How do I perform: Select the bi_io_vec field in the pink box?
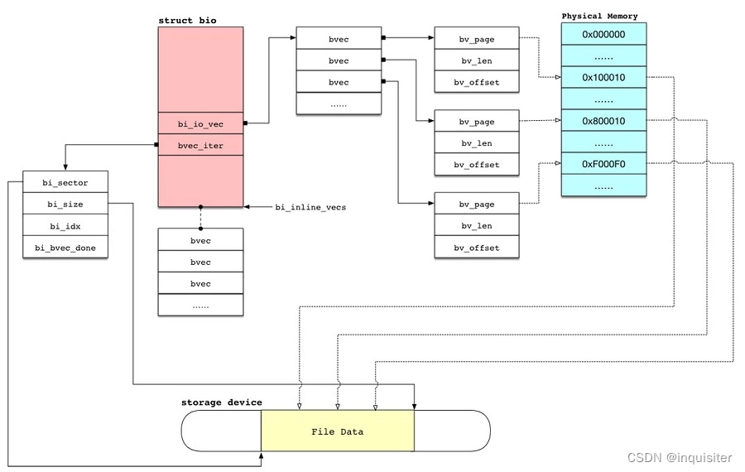[x=200, y=124]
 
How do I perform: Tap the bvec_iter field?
[x=200, y=146]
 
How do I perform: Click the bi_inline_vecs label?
[x=310, y=207]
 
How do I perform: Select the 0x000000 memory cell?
[x=603, y=35]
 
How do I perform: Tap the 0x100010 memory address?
[x=603, y=78]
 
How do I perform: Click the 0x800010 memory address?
[x=603, y=121]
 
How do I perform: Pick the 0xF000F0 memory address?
[x=603, y=164]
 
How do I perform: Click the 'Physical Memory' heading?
[x=599, y=16]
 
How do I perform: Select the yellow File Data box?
[x=337, y=431]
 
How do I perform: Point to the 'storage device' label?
[x=221, y=402]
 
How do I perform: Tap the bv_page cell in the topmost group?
[x=476, y=39]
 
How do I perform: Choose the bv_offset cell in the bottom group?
[x=476, y=248]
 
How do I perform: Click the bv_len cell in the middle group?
[x=476, y=143]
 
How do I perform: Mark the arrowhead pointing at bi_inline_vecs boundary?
[x=248, y=206]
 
